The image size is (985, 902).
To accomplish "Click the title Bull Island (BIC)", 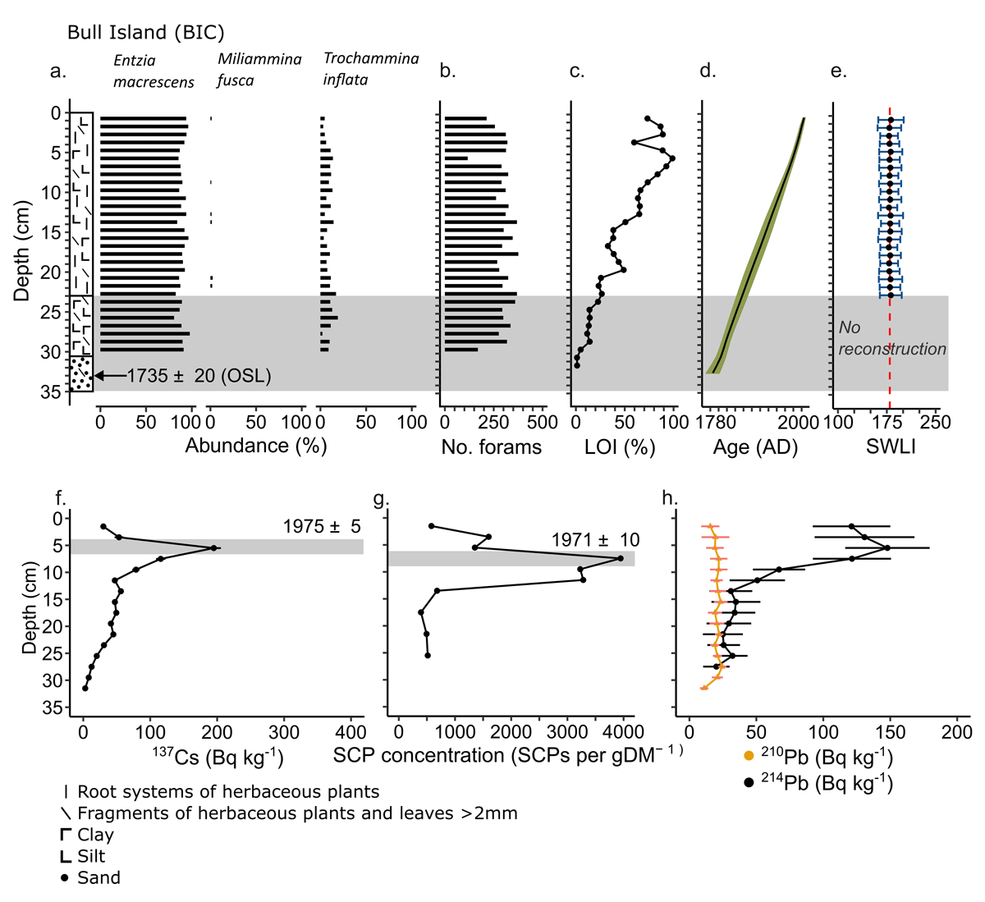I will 145,32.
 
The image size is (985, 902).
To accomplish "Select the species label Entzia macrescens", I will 153,71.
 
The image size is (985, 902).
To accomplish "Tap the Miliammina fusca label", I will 259,70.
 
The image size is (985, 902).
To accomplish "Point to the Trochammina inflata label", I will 371,69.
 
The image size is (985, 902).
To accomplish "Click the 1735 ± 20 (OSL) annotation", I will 199,376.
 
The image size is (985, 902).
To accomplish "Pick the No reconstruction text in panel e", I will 892,338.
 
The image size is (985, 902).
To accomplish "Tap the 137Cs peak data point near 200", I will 214,547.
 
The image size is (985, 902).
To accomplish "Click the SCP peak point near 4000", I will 620,558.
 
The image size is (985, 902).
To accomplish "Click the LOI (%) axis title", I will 619,447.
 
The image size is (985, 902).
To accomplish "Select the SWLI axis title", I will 891,447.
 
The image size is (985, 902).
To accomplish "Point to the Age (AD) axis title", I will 755,447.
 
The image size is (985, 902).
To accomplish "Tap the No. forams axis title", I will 492,447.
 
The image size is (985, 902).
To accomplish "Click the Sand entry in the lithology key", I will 98,877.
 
